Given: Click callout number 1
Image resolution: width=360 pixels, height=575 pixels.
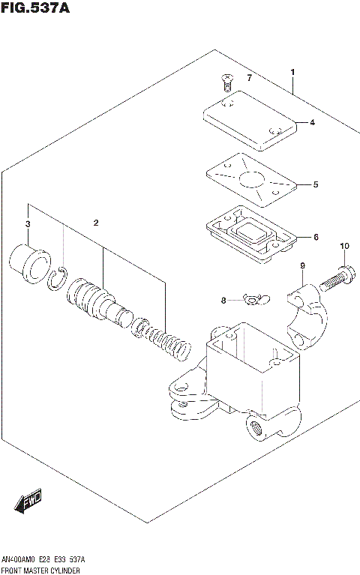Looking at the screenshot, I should [293, 73].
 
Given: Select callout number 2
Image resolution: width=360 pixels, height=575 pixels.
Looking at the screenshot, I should [96, 223].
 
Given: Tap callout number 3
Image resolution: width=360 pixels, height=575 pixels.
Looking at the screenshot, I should [28, 224].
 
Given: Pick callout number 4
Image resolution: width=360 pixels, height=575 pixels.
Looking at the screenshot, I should [313, 123].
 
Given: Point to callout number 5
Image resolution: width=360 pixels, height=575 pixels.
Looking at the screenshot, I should [316, 184].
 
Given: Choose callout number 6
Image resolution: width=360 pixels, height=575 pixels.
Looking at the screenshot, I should [316, 237].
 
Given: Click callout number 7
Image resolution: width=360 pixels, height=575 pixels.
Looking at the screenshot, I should [250, 79].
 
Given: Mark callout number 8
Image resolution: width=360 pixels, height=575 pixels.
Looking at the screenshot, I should [223, 301].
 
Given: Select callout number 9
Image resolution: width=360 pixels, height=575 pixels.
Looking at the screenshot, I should [302, 266].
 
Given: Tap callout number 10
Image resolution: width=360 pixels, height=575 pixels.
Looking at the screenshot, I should [344, 247].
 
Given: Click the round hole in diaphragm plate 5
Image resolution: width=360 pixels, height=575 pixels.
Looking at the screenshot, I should [250, 179].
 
